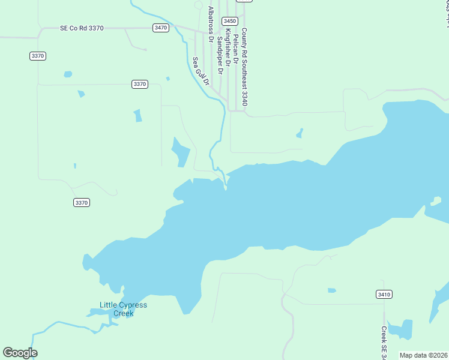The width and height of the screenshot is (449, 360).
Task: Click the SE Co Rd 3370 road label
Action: [x=82, y=28]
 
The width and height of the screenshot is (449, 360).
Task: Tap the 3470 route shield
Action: [x=161, y=28]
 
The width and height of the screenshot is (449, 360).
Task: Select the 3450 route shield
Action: [x=229, y=21]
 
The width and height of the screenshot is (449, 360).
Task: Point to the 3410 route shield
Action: [x=384, y=294]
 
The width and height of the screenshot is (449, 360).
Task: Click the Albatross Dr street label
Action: [x=211, y=24]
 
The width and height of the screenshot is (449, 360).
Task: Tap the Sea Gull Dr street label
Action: [x=200, y=71]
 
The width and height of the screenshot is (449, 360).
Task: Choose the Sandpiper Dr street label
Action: [x=220, y=55]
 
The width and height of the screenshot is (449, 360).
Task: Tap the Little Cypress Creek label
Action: [x=123, y=309]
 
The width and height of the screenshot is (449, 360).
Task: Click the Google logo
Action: [x=20, y=353]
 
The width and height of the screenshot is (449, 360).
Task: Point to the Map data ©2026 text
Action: [x=423, y=355]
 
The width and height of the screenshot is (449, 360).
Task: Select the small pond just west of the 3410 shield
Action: [x=332, y=290]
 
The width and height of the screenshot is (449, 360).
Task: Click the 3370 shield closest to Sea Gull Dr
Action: [x=139, y=84]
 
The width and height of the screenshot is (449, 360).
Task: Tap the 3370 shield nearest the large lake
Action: [x=82, y=203]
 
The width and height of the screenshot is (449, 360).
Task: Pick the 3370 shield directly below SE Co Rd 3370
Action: [x=37, y=56]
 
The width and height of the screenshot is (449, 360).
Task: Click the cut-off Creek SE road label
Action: [x=384, y=343]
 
